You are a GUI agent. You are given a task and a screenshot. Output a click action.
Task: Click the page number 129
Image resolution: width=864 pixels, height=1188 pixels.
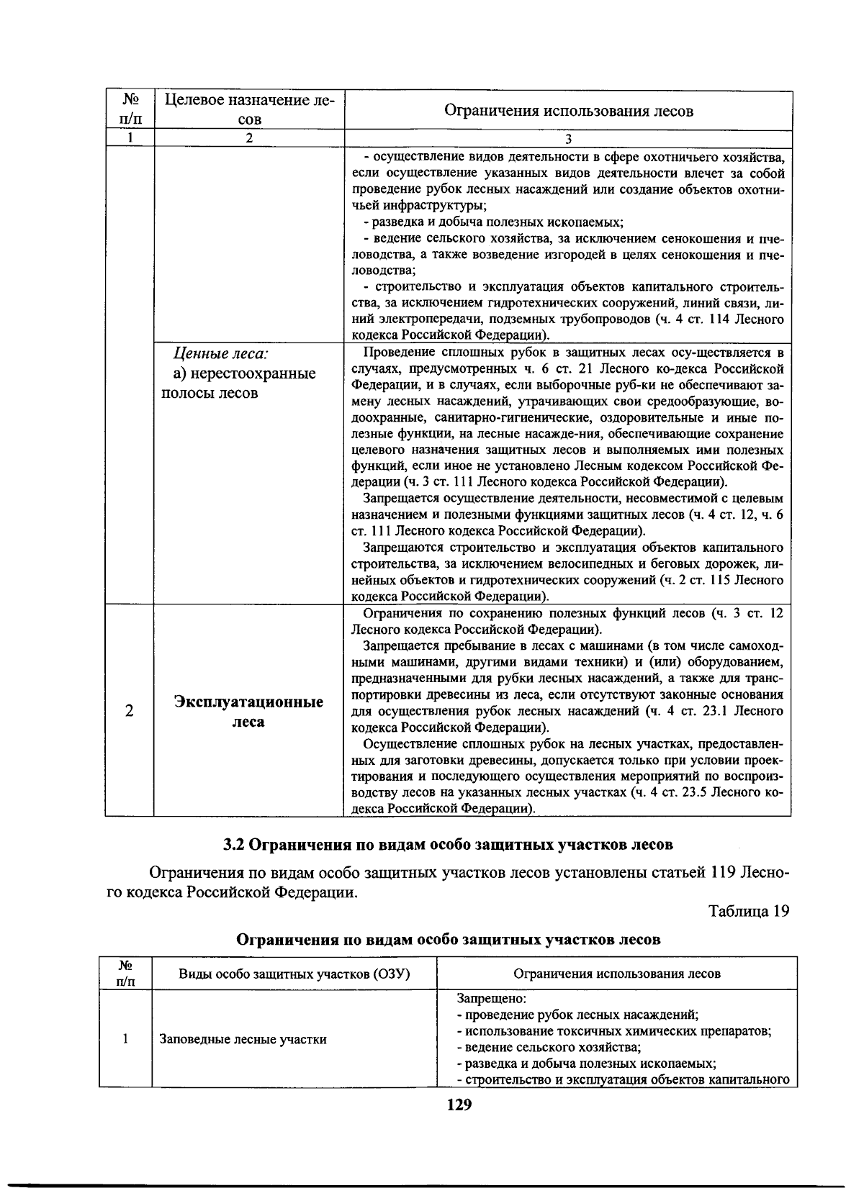(459, 1105)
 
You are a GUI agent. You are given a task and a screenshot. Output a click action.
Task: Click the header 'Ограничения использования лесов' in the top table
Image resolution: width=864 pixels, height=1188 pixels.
(568, 111)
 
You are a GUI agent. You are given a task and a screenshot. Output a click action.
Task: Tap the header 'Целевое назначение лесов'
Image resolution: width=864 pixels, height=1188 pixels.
(249, 109)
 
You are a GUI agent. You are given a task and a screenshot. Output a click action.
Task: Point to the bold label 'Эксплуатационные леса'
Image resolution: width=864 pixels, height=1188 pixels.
(248, 712)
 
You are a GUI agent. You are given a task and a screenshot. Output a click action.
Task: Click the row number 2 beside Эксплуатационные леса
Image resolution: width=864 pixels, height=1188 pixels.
(129, 711)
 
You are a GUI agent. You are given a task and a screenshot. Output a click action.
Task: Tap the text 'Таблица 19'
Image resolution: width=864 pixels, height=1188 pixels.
(749, 911)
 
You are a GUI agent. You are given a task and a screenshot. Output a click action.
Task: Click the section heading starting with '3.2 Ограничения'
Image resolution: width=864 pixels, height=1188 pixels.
(448, 844)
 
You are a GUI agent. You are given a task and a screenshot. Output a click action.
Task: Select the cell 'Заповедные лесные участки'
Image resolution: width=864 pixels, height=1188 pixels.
(243, 1039)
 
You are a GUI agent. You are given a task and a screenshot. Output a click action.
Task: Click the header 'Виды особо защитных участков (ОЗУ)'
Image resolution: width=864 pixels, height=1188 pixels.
(294, 974)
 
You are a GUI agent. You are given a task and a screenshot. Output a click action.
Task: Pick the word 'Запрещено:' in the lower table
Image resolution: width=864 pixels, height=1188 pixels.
(492, 999)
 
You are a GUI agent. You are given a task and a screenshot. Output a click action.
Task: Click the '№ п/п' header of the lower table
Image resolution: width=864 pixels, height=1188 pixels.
(125, 973)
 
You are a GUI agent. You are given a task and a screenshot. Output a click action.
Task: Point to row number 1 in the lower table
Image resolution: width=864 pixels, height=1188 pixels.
(125, 1039)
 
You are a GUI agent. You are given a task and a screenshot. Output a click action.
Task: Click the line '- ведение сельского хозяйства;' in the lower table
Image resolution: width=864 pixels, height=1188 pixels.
(549, 1047)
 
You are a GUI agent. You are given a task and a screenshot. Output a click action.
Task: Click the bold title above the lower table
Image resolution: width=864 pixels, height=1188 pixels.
(449, 939)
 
